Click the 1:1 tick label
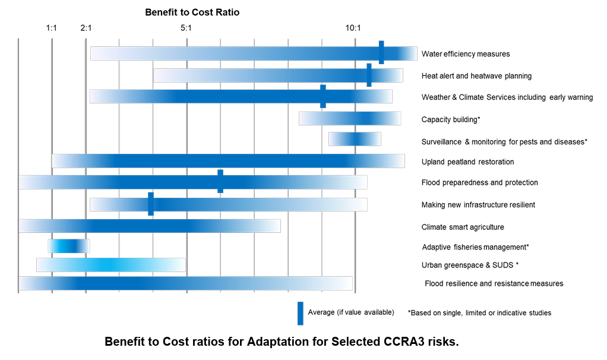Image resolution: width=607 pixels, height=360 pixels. click(52, 28)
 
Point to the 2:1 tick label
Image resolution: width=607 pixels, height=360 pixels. click(86, 28)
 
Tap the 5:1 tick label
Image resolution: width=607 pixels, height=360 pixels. click(186, 28)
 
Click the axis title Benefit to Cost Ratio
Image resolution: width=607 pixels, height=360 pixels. click(192, 12)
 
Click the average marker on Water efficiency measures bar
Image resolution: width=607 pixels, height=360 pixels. click(381, 52)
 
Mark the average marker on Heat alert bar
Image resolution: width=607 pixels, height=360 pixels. click(369, 75)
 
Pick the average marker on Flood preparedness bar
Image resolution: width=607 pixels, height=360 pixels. click(220, 181)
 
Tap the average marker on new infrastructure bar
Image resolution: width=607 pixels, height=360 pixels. click(151, 204)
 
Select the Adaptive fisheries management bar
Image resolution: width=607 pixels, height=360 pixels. click(69, 246)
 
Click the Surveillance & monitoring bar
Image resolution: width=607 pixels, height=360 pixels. click(355, 139)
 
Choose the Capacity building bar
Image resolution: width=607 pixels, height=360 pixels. click(350, 118)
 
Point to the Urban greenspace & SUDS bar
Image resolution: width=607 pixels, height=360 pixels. click(111, 265)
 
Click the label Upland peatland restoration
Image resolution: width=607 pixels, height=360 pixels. click(467, 162)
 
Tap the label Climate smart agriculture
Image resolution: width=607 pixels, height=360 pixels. click(463, 227)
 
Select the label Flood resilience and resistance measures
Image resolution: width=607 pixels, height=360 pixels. click(494, 283)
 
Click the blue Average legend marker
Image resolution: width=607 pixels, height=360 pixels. click(301, 313)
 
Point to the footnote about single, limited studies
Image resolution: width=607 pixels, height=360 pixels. click(479, 312)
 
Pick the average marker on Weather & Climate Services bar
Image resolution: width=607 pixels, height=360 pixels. click(323, 96)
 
